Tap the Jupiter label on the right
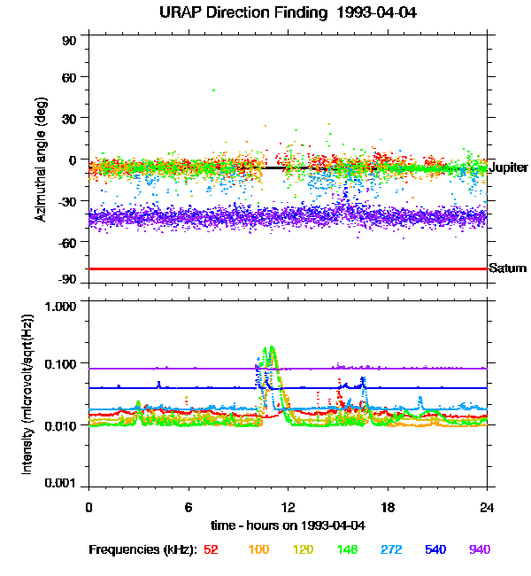508,167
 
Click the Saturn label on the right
508,269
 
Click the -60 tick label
67,241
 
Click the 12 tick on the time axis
288,507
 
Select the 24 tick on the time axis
487,507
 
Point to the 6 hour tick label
189,507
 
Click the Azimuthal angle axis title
40,160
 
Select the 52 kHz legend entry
211,550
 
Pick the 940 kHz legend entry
480,550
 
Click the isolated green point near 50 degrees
213,90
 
